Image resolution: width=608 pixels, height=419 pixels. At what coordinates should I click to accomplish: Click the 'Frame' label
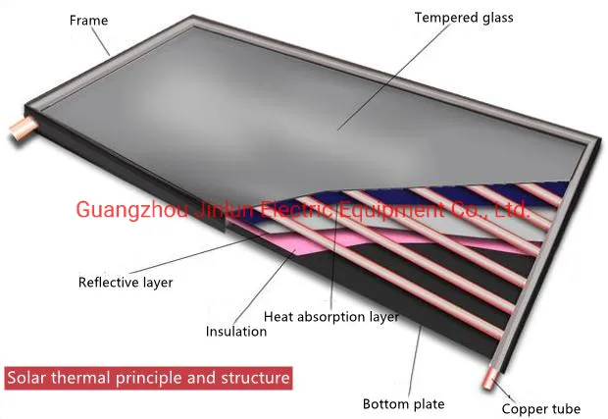[x=89, y=20]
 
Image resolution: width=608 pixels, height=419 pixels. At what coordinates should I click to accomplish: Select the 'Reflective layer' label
[x=126, y=283]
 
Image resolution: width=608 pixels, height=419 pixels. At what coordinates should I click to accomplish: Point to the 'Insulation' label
[x=235, y=331]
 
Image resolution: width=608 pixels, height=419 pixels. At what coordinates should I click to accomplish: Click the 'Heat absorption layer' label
[x=331, y=316]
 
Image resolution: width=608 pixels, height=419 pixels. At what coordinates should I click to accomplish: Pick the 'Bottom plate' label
[x=403, y=403]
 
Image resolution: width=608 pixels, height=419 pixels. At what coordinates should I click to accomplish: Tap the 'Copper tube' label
[x=540, y=408]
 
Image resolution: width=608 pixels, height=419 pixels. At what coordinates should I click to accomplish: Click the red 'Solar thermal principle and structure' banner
[x=148, y=377]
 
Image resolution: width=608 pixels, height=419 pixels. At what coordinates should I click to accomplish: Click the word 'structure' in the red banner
[x=258, y=377]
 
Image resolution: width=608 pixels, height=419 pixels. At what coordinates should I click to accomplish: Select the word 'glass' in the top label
[x=495, y=17]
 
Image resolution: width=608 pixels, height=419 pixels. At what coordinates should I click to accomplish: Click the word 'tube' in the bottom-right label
[x=564, y=408]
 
